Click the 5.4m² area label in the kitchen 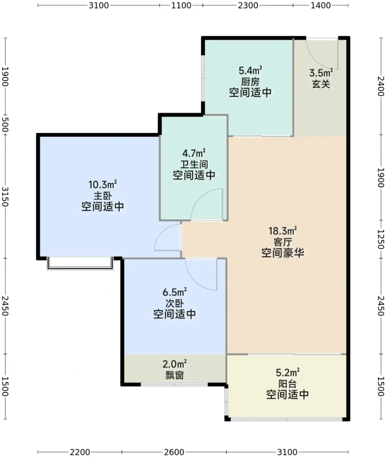pyautogui.click(x=250, y=71)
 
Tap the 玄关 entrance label pyautogui.click(x=321, y=84)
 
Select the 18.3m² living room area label pyautogui.click(x=283, y=231)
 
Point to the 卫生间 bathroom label pyautogui.click(x=194, y=164)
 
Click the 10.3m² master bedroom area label pyautogui.click(x=103, y=184)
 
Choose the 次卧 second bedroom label pyautogui.click(x=175, y=303)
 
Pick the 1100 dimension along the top pyautogui.click(x=181, y=5)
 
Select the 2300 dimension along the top pyautogui.click(x=248, y=5)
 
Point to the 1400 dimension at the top pyautogui.click(x=320, y=5)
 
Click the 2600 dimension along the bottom pyautogui.click(x=174, y=452)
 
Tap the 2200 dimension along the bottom pyautogui.click(x=80, y=452)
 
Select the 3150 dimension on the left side pyautogui.click(x=5, y=197)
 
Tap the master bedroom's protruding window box pyautogui.click(x=80, y=263)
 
